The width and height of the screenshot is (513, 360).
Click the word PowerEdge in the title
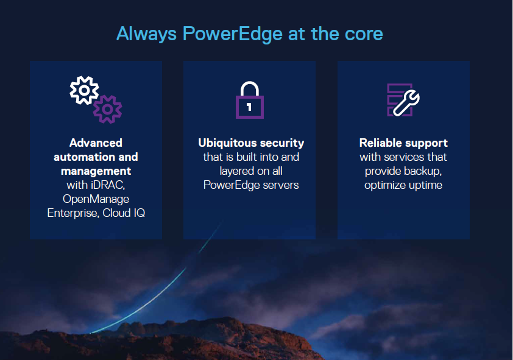pyautogui.click(x=232, y=34)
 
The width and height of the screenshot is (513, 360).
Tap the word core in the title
pyautogui.click(x=361, y=34)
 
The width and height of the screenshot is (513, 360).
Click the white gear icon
pyautogui.click(x=84, y=91)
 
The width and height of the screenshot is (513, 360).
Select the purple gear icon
pyautogui.click(x=107, y=109)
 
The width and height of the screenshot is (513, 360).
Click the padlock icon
pyautogui.click(x=250, y=99)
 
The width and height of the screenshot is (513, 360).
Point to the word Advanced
pyautogui.click(x=96, y=143)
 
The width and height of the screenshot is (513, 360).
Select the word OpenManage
pyautogui.click(x=96, y=199)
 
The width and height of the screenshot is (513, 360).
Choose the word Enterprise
pyautogui.click(x=74, y=213)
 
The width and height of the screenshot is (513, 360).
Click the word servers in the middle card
pyautogui.click(x=280, y=185)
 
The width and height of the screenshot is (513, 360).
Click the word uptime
pyautogui.click(x=426, y=185)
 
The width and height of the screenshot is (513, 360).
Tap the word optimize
pyautogui.click(x=386, y=185)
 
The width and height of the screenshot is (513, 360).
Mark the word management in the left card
pyautogui.click(x=96, y=171)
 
